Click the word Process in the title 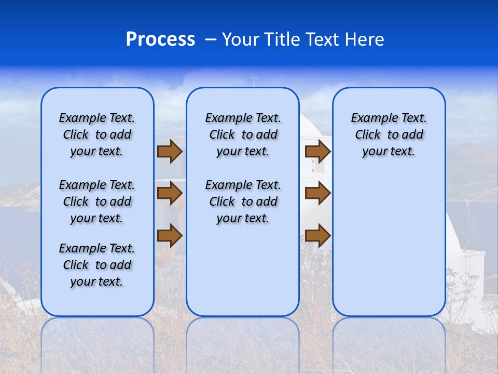click(x=160, y=39)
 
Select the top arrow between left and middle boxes click(x=170, y=152)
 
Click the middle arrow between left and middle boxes click(x=170, y=194)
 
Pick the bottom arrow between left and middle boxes click(x=170, y=235)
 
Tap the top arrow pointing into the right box click(x=317, y=152)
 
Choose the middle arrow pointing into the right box click(x=317, y=194)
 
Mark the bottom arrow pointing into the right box click(x=317, y=235)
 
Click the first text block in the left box click(x=96, y=135)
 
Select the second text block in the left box click(x=96, y=202)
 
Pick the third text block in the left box click(x=96, y=265)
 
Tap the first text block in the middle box click(x=243, y=135)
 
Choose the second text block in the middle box click(x=243, y=202)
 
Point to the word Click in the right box click(x=368, y=135)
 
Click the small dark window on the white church click(x=313, y=165)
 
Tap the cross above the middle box click(x=254, y=81)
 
